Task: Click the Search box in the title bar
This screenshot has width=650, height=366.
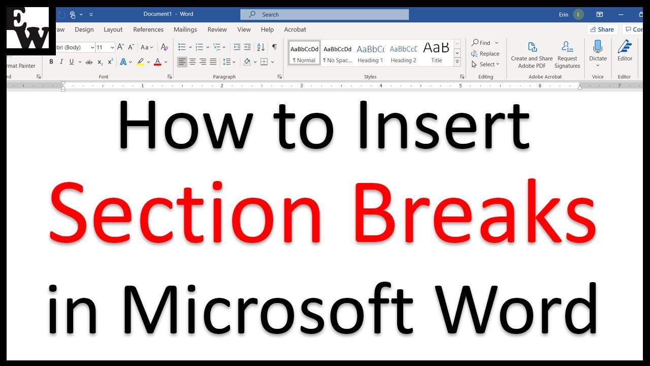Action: [x=325, y=15]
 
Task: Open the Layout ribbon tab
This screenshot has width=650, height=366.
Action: [x=113, y=29]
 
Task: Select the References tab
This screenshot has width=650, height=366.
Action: [x=148, y=29]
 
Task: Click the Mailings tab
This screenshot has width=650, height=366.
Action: [x=185, y=29]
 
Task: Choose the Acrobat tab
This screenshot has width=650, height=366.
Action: [x=295, y=29]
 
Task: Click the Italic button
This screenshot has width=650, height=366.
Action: [x=61, y=62]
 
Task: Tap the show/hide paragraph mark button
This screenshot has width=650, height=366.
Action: [x=274, y=47]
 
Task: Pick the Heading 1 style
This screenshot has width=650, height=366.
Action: [x=370, y=53]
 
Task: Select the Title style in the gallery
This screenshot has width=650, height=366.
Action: [x=436, y=53]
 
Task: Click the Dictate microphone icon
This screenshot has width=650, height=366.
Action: [x=598, y=47]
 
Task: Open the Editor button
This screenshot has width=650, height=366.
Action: [x=625, y=51]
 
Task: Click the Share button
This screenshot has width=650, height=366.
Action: [x=602, y=29]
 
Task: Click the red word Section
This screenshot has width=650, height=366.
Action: [x=186, y=213]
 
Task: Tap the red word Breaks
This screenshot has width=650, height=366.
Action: [x=475, y=213]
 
